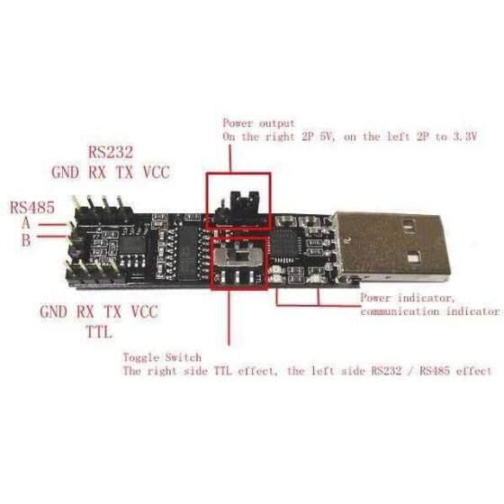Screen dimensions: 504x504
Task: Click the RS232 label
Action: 113,150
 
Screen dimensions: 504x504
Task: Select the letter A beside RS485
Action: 27,222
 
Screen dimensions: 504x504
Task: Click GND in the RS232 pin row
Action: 66,171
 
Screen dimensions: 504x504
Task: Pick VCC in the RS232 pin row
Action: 153,171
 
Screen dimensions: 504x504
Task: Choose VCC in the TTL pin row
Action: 142,312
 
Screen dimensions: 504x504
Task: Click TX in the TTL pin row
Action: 112,312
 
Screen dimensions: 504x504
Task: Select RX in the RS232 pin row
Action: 97,171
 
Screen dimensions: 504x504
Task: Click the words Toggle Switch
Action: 163,356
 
